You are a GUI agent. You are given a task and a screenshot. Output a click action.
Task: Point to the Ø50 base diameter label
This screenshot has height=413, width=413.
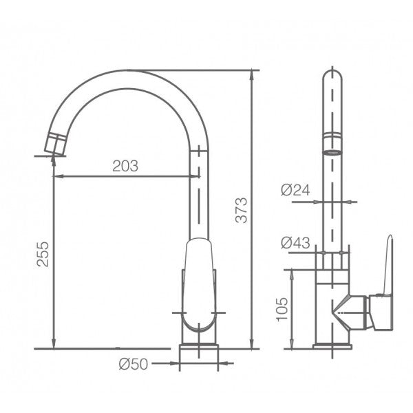pyautogui.click(x=134, y=364)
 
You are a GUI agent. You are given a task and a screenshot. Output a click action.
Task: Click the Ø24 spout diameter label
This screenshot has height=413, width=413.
pyautogui.click(x=295, y=191)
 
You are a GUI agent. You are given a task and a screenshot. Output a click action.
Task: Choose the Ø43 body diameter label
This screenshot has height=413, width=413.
pyautogui.click(x=295, y=242)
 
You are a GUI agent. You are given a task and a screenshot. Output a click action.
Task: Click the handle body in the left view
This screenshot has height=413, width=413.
pyautogui.click(x=200, y=282)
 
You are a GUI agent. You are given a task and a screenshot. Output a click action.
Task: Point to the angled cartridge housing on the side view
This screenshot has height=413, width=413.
pyautogui.click(x=352, y=313)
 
